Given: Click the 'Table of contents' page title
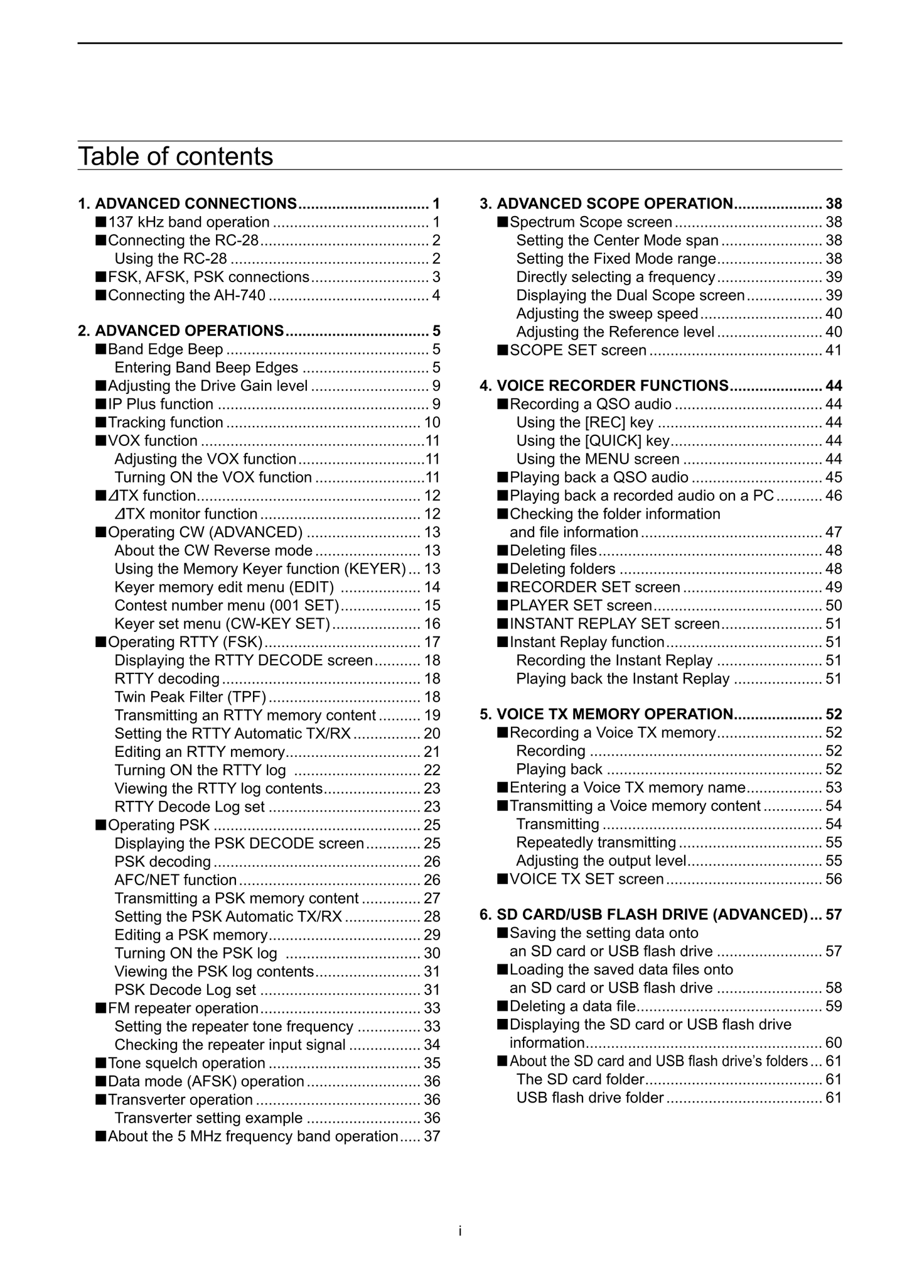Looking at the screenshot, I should [x=175, y=156].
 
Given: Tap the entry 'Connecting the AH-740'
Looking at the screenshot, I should [x=186, y=296].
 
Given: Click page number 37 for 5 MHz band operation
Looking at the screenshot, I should [x=432, y=1136].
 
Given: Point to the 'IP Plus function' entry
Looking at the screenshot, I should [x=160, y=405].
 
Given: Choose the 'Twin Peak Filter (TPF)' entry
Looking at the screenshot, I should [x=190, y=697].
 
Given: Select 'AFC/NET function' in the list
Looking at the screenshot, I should [x=175, y=880].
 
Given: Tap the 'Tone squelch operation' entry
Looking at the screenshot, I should [x=186, y=1064].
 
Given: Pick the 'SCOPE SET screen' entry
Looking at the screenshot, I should [x=577, y=351].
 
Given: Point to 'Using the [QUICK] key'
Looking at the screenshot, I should [x=593, y=441].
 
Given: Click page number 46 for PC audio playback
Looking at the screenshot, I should [x=834, y=496].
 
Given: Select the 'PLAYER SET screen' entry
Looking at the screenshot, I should [x=581, y=606].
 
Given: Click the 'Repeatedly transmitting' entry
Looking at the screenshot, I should [x=596, y=843].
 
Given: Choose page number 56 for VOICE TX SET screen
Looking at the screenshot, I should [x=834, y=879].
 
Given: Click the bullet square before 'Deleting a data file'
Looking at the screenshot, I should [x=502, y=1006].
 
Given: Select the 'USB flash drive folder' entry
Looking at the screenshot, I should [x=589, y=1098].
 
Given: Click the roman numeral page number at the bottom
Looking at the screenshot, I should [x=460, y=1231].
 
